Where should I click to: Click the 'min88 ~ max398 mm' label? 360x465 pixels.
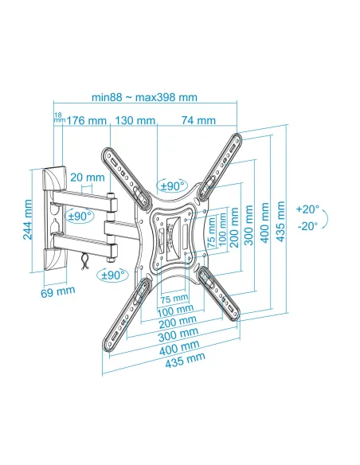click(x=144, y=97)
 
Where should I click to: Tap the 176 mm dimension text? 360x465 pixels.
click(x=86, y=121)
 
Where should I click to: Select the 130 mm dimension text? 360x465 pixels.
click(x=135, y=120)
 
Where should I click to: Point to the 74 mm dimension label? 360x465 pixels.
click(x=198, y=120)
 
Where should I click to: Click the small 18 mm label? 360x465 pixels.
click(x=59, y=117)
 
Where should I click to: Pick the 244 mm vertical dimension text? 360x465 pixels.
click(x=28, y=220)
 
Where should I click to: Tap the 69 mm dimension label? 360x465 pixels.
click(x=58, y=291)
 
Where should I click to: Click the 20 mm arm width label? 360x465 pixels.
click(x=88, y=178)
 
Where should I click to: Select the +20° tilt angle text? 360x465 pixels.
click(x=307, y=209)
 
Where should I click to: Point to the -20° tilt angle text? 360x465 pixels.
click(x=307, y=226)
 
